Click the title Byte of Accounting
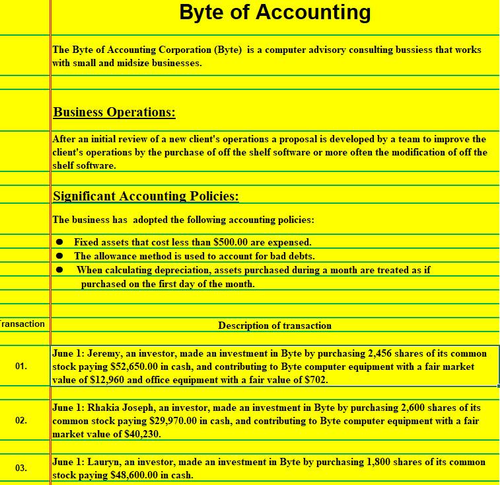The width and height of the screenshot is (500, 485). pyautogui.click(x=275, y=13)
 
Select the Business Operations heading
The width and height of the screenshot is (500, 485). pyautogui.click(x=114, y=112)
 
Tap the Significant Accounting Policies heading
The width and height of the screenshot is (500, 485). pyautogui.click(x=145, y=196)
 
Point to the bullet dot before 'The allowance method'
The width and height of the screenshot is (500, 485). pyautogui.click(x=59, y=256)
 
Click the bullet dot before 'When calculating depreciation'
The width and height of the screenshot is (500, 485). pyautogui.click(x=59, y=270)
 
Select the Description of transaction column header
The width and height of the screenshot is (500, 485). pyautogui.click(x=275, y=326)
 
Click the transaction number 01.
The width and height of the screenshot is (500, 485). pyautogui.click(x=21, y=366)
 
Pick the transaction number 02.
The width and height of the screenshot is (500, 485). pyautogui.click(x=21, y=420)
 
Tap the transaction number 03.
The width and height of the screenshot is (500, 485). pyautogui.click(x=21, y=468)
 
